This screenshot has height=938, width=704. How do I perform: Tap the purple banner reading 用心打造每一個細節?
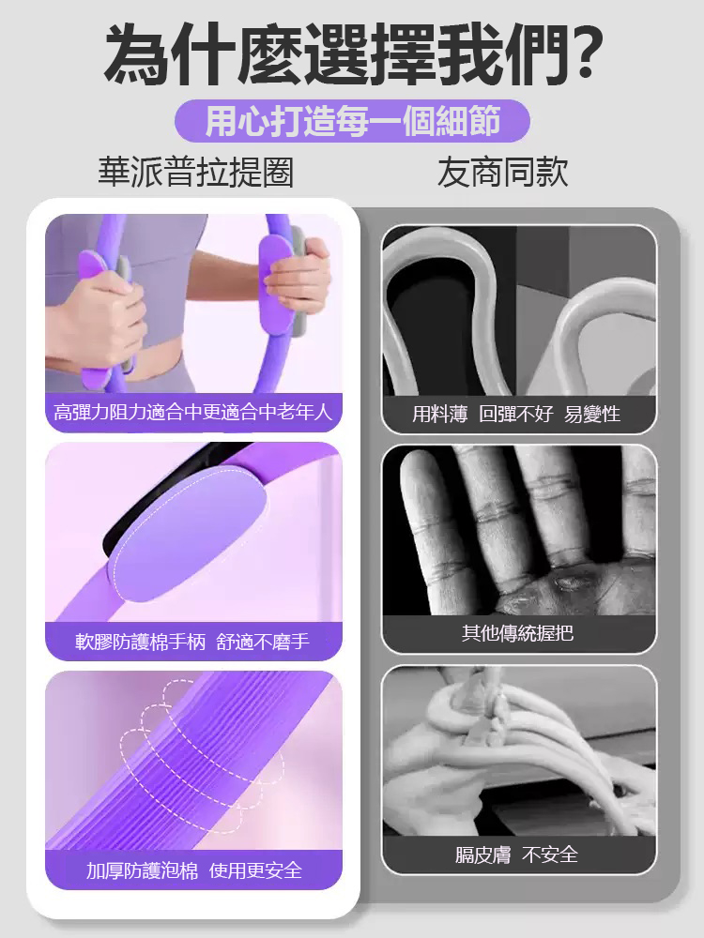click(352, 121)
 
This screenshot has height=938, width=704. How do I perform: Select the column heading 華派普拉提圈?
click(196, 173)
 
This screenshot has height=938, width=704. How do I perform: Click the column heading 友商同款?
click(502, 173)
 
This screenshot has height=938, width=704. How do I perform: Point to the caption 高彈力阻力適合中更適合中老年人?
click(193, 413)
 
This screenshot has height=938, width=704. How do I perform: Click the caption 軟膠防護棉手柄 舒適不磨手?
click(193, 642)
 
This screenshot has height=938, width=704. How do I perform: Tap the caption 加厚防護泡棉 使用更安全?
click(193, 870)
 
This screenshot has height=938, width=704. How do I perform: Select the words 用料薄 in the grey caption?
click(440, 414)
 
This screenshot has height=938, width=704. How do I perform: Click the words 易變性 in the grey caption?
click(592, 414)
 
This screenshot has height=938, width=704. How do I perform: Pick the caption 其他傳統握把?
click(518, 633)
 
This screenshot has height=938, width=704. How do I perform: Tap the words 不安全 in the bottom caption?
click(550, 855)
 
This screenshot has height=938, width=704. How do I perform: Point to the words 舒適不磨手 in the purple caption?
click(263, 642)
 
